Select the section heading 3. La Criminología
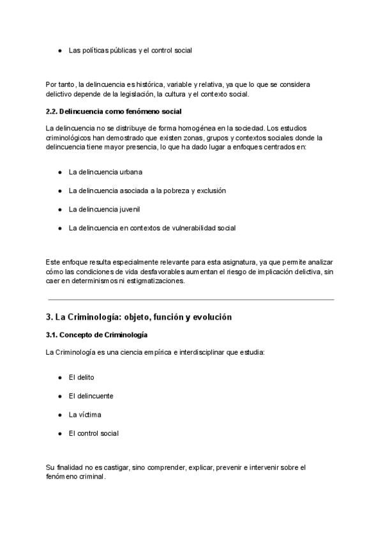139,317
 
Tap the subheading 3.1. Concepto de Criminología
96,335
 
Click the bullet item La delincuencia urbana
105,172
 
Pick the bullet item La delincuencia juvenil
104,209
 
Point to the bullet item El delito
81,377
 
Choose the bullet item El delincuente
91,396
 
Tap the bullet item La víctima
85,414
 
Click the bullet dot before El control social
59,433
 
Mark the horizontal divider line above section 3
191,299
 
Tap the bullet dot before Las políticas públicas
59,50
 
